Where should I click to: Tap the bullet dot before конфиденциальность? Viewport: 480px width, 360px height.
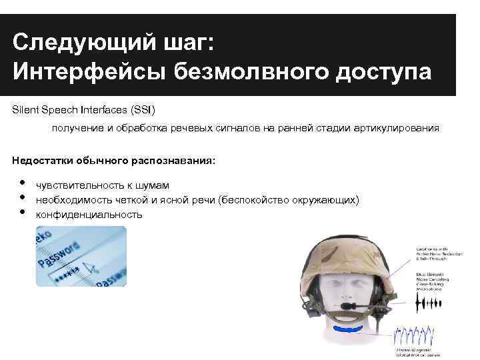coord(23,212)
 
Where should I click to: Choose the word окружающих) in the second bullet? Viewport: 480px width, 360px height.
coord(326,200)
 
